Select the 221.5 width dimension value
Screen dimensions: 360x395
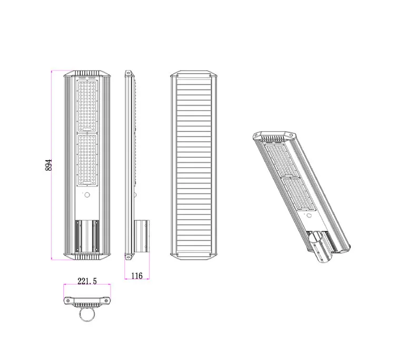pos(87,282)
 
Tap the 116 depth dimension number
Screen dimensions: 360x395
pos(137,275)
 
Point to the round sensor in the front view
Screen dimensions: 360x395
pos(87,196)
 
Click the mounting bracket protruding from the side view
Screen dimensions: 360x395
pos(142,236)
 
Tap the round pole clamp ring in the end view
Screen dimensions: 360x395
pos(87,315)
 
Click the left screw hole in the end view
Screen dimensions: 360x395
pos(68,300)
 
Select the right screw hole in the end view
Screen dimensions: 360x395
pos(107,300)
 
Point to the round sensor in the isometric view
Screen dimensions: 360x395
pos(309,215)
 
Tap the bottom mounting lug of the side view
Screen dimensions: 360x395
pos(127,257)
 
